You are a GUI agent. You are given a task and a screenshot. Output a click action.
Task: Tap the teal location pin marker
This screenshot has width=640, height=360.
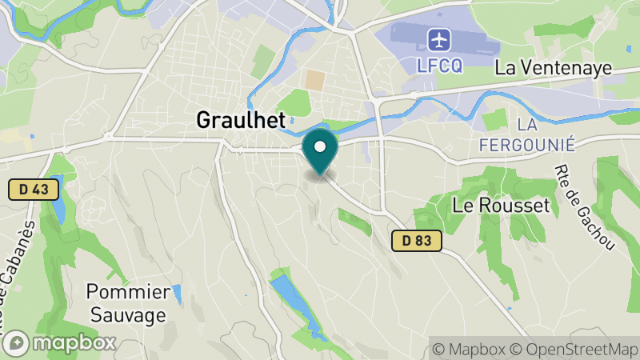[x=320, y=152]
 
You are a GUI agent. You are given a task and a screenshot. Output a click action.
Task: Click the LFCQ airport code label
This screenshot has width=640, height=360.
[x=440, y=66]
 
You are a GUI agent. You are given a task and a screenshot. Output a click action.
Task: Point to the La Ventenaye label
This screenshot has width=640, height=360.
[x=553, y=68]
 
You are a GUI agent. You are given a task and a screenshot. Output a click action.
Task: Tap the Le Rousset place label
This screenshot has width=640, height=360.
[x=502, y=206]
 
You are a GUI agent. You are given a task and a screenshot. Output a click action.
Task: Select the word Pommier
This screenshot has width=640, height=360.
[x=128, y=291]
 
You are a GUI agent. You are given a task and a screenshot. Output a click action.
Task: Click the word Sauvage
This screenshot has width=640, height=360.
[x=128, y=314]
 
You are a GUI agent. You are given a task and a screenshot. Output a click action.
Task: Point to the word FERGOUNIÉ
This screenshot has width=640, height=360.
[x=527, y=145]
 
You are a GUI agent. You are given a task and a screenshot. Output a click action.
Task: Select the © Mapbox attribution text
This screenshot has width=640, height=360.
[x=468, y=350]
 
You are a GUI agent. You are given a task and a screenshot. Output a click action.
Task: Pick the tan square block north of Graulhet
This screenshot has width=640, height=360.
[x=315, y=80]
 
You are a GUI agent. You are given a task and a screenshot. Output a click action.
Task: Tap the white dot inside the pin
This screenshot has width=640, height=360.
[x=320, y=146]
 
